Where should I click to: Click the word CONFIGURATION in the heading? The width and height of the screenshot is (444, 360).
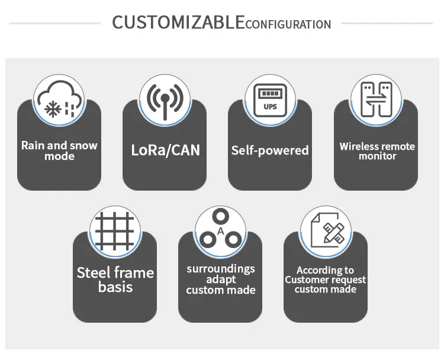(288, 24)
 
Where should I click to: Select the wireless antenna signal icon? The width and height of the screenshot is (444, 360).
(165, 99)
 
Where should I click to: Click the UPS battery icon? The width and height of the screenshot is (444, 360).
(270, 99)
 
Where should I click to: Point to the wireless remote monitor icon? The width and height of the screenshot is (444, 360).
(376, 99)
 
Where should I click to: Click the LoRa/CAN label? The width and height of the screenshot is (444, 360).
(165, 149)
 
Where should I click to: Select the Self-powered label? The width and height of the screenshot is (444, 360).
(270, 150)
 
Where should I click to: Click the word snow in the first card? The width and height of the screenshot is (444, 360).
(84, 145)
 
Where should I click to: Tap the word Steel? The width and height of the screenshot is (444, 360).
(94, 272)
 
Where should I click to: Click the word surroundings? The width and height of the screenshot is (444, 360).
(221, 268)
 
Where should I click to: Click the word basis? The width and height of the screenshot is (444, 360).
(115, 287)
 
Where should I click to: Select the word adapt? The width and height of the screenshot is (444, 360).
(221, 279)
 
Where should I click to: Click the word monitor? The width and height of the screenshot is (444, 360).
(377, 156)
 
